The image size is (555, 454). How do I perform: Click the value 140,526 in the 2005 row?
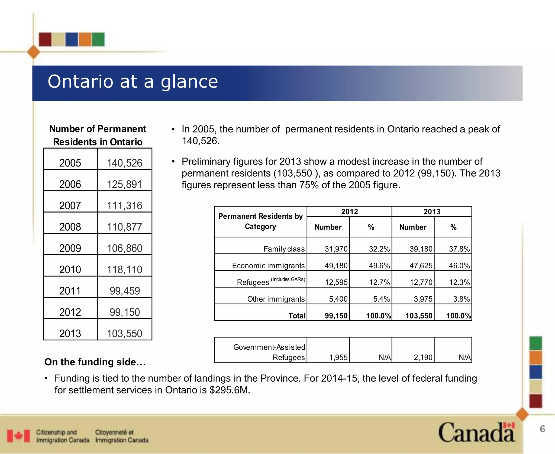(x=124, y=163)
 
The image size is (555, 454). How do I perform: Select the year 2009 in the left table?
(x=70, y=248)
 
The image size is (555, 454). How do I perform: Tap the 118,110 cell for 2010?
(x=124, y=269)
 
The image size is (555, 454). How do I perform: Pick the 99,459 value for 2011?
(x=125, y=291)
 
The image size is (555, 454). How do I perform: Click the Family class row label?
(x=284, y=249)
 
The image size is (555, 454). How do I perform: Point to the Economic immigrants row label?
(x=268, y=266)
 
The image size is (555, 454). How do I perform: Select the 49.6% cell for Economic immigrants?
(x=379, y=266)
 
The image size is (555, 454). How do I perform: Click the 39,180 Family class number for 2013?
(x=421, y=249)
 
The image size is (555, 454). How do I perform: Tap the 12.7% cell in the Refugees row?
(x=379, y=282)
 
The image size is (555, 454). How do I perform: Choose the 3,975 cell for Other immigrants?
(x=423, y=299)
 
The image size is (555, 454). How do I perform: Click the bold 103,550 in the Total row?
(x=419, y=316)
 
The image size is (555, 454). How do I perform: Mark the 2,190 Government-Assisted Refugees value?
(x=423, y=358)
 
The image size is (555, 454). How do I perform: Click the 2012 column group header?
(x=349, y=212)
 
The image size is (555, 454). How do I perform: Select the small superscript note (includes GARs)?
(x=288, y=279)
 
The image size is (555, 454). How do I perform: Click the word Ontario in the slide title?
(x=80, y=82)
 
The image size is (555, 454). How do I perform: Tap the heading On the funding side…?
(x=95, y=362)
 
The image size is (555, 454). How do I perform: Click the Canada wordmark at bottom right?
(x=476, y=433)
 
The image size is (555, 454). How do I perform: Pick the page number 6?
(x=542, y=429)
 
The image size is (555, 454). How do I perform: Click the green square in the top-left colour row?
(x=98, y=39)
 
